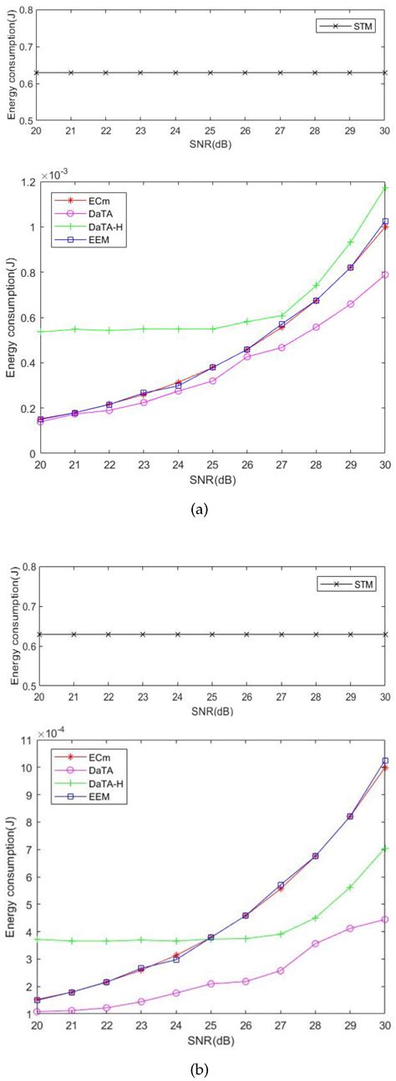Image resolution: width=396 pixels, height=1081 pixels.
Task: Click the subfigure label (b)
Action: tap(200, 1068)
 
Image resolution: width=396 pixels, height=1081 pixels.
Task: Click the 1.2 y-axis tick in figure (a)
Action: tap(23, 182)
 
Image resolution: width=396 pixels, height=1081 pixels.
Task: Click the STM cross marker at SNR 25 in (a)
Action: tap(211, 73)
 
